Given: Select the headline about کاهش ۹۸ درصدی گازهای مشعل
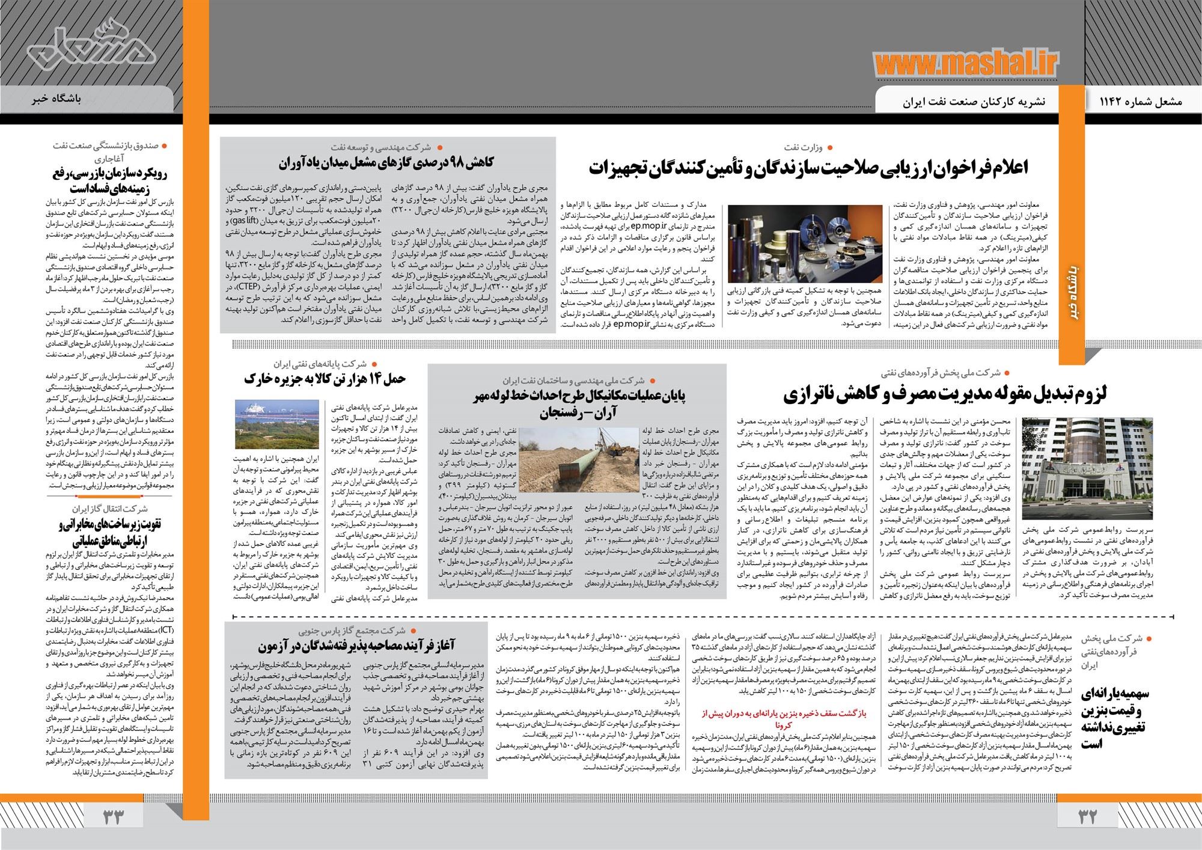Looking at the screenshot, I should (386, 162).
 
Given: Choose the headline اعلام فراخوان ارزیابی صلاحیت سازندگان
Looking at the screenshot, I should (808, 169).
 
